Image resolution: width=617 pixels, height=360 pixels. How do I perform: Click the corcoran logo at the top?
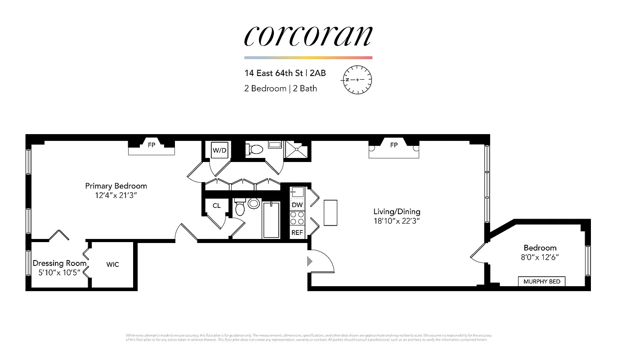point(308,36)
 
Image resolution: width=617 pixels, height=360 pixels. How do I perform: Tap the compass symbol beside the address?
point(358,80)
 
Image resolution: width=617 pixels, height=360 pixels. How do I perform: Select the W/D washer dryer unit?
point(219,150)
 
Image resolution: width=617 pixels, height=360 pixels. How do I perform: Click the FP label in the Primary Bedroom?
point(152,145)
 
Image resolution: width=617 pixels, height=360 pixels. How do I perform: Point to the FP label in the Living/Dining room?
point(394,145)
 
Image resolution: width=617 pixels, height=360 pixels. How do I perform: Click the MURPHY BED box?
point(542,282)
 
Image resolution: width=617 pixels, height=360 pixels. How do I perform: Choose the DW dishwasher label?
point(297,205)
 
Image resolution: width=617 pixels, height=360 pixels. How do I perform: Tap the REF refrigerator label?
point(297,233)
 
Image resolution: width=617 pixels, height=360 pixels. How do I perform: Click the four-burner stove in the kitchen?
point(297,218)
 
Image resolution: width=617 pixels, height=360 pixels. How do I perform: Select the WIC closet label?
point(112,265)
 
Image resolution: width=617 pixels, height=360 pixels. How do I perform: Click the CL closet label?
point(217,206)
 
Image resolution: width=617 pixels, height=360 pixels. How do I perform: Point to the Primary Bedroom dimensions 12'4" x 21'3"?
point(116,196)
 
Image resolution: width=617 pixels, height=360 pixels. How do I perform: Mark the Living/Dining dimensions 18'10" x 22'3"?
point(397,221)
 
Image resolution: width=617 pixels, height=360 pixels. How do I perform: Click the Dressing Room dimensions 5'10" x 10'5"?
point(59,272)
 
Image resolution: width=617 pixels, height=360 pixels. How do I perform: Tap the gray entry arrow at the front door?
point(309,261)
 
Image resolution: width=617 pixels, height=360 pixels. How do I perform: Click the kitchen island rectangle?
point(331,212)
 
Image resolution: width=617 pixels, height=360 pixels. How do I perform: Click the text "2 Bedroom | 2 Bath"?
point(281,89)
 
